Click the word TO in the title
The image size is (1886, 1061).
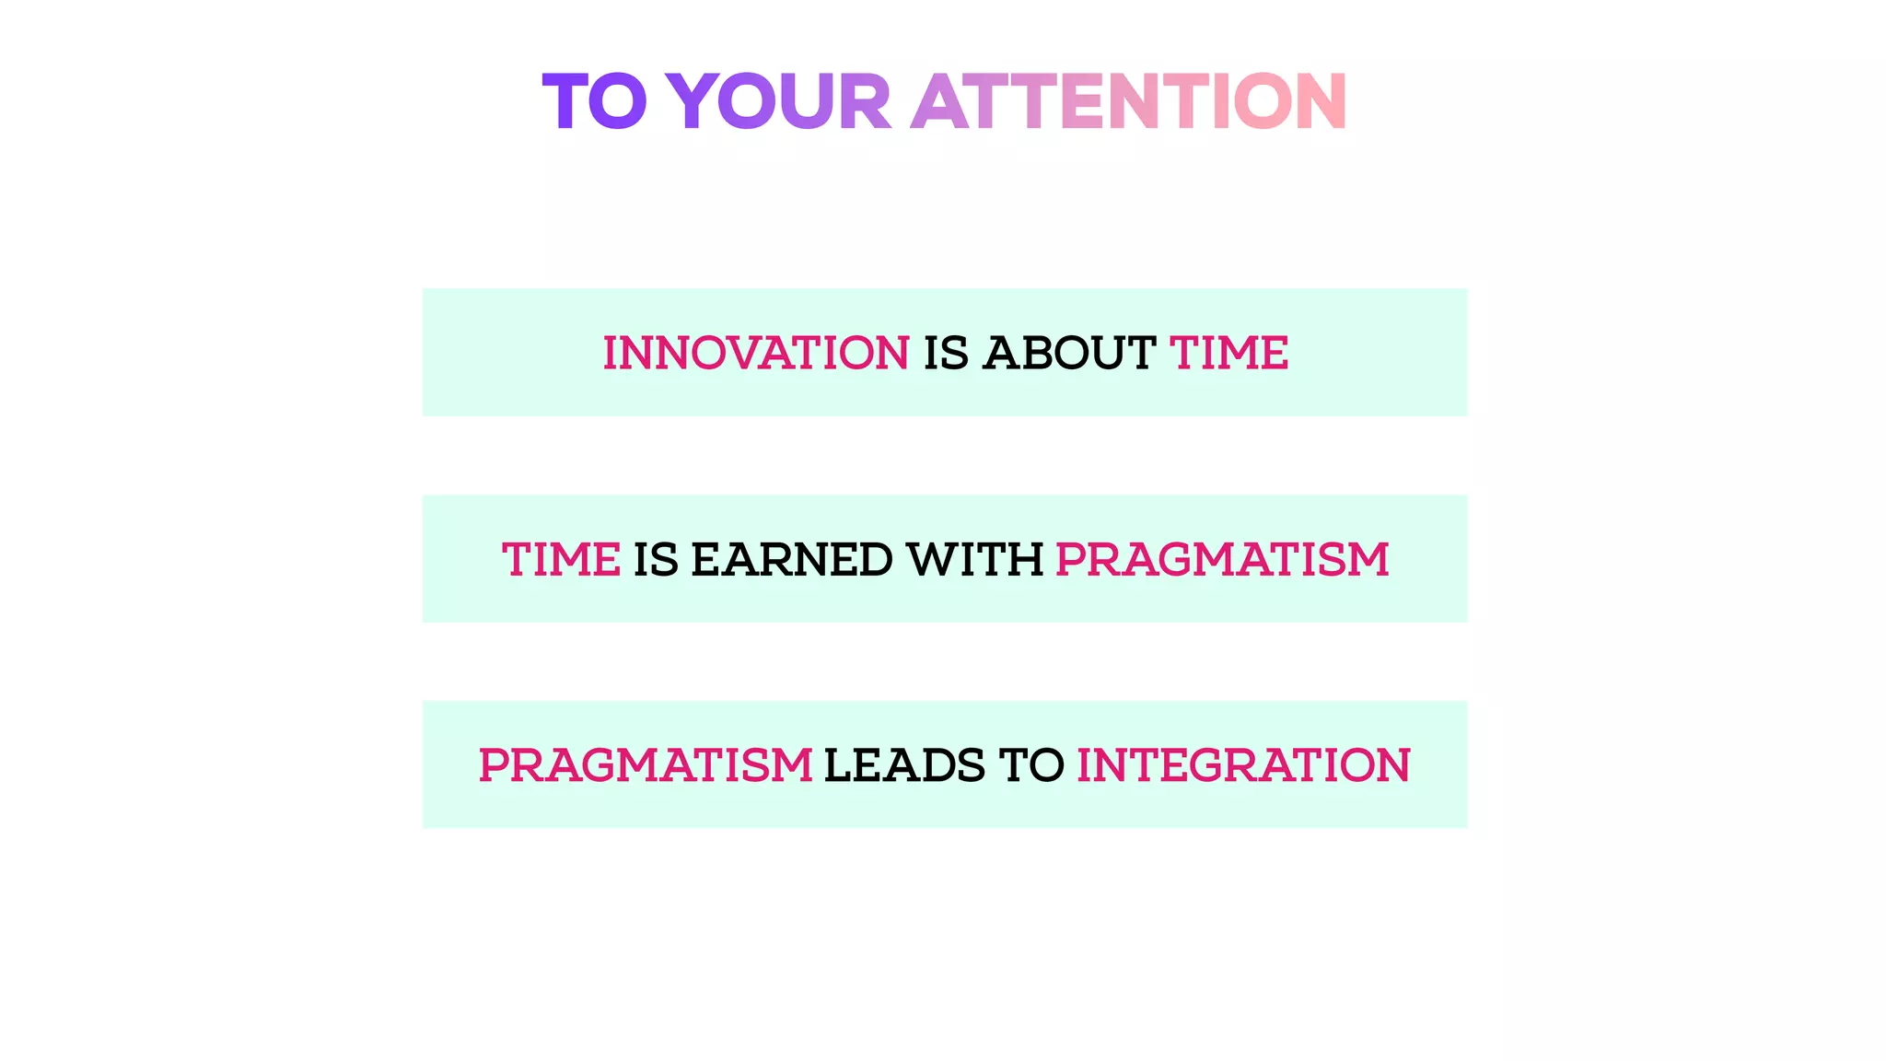click(x=594, y=101)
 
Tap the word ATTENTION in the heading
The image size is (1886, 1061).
click(x=1129, y=101)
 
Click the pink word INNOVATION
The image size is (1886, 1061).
click(x=756, y=353)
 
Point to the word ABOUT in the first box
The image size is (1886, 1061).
click(x=1068, y=353)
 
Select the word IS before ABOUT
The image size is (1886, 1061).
click(x=946, y=353)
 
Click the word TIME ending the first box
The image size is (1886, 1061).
click(x=1228, y=353)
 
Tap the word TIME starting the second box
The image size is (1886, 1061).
click(x=561, y=559)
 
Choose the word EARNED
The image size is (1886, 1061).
click(x=791, y=559)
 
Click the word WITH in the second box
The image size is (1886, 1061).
click(x=974, y=559)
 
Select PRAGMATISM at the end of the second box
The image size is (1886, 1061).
click(x=1222, y=559)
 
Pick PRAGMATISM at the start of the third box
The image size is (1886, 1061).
click(x=646, y=765)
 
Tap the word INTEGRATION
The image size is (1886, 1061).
click(x=1243, y=765)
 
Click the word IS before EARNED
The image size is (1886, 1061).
click(x=656, y=559)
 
